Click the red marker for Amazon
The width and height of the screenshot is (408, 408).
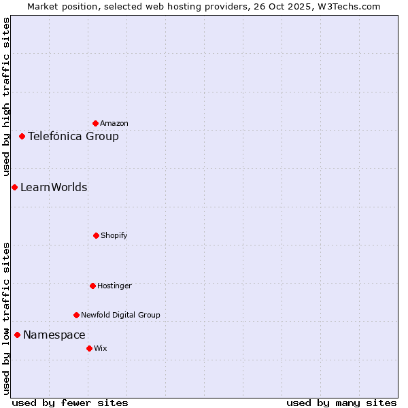coord(95,123)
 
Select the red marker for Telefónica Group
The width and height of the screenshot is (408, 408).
coord(22,136)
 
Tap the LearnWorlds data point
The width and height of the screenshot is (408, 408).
coord(14,187)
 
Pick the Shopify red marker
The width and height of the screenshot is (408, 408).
coord(96,235)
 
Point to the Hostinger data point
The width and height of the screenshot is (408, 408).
coord(92,286)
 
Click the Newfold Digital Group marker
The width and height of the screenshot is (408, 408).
coord(76,315)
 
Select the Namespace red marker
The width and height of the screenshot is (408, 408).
coord(17,335)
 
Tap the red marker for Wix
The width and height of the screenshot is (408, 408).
coord(89,348)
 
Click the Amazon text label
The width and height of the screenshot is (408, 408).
coord(114,124)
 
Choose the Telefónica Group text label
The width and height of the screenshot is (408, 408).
coord(73,137)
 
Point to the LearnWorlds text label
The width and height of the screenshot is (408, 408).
coord(54,188)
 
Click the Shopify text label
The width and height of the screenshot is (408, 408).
coord(114,236)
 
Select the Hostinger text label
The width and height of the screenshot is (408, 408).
coord(114,286)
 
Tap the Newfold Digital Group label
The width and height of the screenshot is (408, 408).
coord(120,316)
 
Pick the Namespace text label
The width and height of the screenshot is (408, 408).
coord(54,335)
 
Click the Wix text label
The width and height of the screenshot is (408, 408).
coord(101,349)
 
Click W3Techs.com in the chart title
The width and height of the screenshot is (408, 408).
coord(353,6)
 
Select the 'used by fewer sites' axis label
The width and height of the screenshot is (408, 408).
coord(70,403)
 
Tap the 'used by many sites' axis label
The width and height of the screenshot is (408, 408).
coord(341,403)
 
